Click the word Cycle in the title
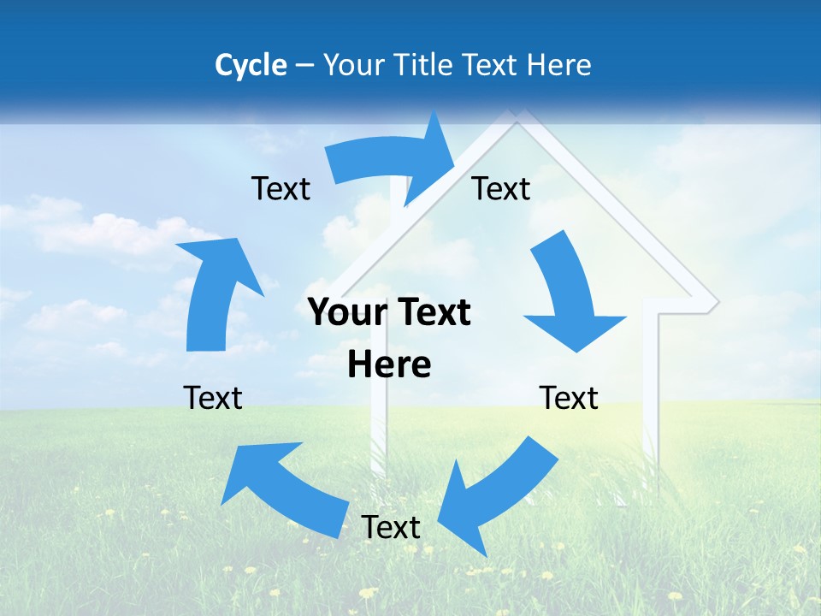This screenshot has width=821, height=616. [x=251, y=65]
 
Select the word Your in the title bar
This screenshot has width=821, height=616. [x=351, y=65]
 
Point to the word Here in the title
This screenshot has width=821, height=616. [x=561, y=65]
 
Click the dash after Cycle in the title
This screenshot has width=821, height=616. [x=304, y=66]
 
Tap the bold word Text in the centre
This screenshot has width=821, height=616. [x=431, y=313]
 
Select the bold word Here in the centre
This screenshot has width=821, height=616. [x=389, y=364]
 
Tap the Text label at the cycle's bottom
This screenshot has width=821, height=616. [x=391, y=527]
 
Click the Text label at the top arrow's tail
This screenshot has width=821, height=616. [x=281, y=188]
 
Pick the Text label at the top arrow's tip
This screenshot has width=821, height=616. [x=501, y=188]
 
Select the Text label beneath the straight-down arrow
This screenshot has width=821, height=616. [x=569, y=398]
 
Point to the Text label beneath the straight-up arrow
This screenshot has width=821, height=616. [x=213, y=398]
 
